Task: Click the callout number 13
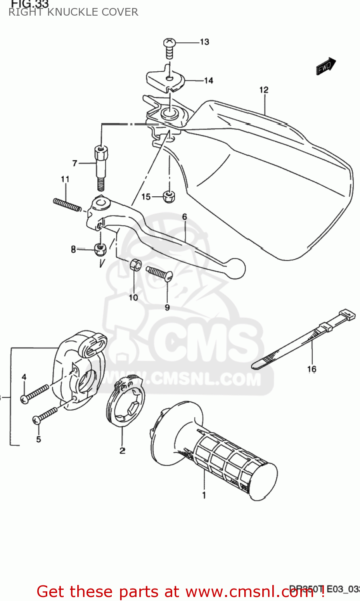click(x=204, y=42)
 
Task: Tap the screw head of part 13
click(x=169, y=42)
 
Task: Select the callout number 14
click(x=209, y=81)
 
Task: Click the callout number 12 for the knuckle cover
click(x=263, y=90)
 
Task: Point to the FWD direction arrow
click(x=326, y=66)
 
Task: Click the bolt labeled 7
click(x=101, y=166)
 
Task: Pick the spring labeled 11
click(x=67, y=204)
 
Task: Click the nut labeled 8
click(x=99, y=249)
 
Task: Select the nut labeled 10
click(x=135, y=265)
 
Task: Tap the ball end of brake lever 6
click(x=235, y=268)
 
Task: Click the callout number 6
click(x=185, y=217)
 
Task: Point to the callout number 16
click(x=312, y=369)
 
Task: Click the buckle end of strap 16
click(x=347, y=315)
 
